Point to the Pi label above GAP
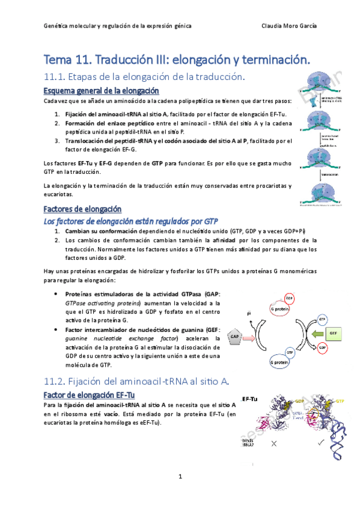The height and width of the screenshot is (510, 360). click(249, 313)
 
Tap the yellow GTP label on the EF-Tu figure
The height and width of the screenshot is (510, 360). click(340, 401)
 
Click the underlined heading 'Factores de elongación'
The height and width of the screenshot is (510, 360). click(82, 209)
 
